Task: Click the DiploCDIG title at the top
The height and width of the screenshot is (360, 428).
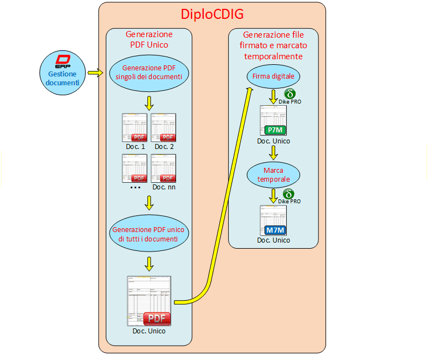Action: click(212, 15)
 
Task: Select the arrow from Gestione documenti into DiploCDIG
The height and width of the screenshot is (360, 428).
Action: click(96, 73)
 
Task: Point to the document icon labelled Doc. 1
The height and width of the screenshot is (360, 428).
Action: click(135, 128)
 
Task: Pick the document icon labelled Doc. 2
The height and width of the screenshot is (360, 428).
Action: click(164, 128)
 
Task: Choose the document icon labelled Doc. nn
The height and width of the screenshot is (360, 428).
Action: click(164, 168)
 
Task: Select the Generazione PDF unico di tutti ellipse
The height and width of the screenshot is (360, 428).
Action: click(148, 234)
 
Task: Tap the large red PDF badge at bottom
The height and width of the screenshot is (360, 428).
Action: click(157, 318)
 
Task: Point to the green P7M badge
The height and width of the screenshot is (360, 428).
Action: click(274, 130)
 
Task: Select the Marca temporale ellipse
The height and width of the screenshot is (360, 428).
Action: click(273, 174)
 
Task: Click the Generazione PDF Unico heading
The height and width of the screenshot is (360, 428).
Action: click(149, 39)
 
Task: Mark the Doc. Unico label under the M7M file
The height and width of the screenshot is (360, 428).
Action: click(274, 240)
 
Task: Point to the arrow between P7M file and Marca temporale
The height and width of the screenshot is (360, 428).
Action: click(274, 152)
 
